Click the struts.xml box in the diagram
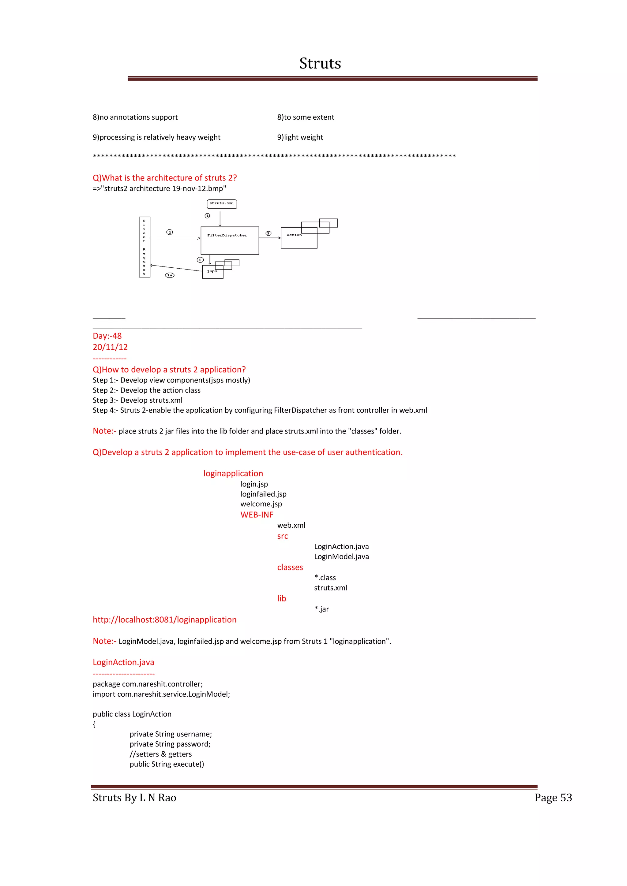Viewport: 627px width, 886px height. [x=222, y=204]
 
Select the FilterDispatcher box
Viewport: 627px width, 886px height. [x=230, y=240]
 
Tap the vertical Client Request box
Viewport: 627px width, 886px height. [x=145, y=247]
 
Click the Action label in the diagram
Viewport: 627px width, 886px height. [x=294, y=235]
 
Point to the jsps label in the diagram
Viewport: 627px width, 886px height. [x=212, y=271]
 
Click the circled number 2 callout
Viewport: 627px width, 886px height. [x=170, y=232]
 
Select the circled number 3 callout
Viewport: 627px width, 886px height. [x=268, y=233]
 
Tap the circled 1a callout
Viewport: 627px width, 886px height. [x=170, y=275]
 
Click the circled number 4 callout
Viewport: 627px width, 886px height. [x=200, y=260]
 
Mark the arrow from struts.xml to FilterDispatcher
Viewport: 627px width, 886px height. [x=220, y=218]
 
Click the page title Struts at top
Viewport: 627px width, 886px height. [x=320, y=63]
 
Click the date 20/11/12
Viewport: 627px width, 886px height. [x=110, y=347]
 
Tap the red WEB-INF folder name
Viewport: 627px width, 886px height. [x=257, y=515]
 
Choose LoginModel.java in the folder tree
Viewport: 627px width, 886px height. [x=341, y=557]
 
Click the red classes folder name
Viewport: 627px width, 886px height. [x=290, y=567]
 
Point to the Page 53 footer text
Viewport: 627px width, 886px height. [x=553, y=798]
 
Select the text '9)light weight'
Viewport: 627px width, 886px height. [x=300, y=137]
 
